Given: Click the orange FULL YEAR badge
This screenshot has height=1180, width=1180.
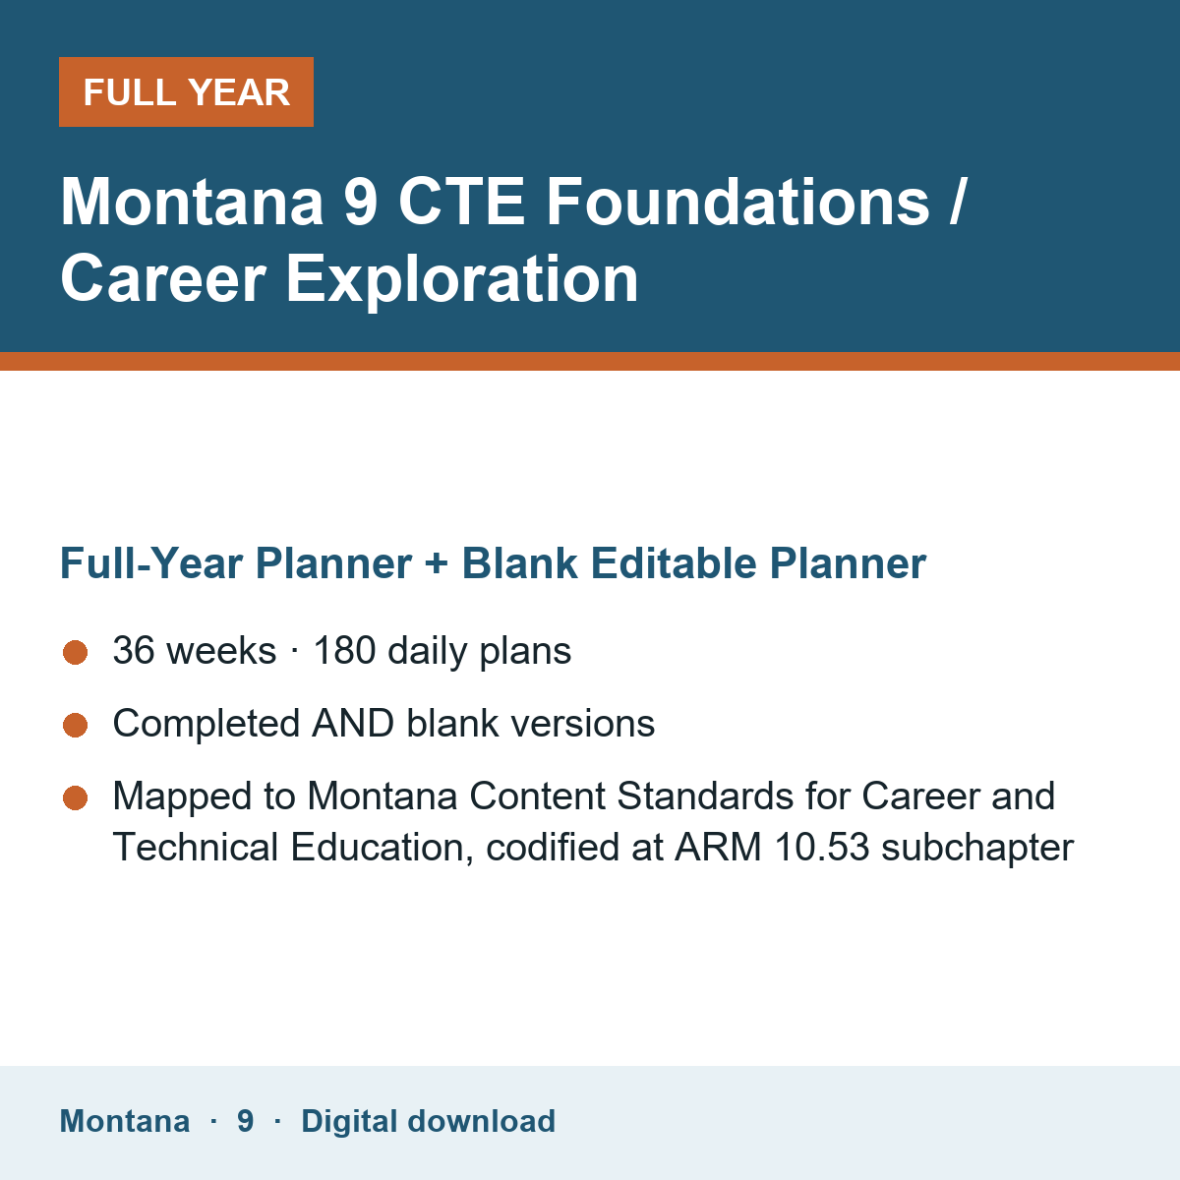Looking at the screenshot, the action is click(x=186, y=91).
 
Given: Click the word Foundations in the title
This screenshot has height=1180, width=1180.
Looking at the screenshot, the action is click(x=737, y=202).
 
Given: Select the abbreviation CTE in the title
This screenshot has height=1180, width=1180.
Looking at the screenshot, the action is click(x=462, y=202).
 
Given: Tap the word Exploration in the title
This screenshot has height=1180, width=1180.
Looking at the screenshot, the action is click(x=462, y=279).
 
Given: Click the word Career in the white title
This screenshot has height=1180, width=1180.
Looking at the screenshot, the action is click(x=163, y=279).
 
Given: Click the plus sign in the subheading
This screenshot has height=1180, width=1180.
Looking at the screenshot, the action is click(x=436, y=564).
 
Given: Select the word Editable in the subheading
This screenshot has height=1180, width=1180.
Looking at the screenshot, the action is click(x=673, y=562).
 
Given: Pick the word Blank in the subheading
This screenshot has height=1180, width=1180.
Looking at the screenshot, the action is click(x=519, y=562).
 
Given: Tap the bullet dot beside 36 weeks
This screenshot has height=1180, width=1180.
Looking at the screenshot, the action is click(x=76, y=652).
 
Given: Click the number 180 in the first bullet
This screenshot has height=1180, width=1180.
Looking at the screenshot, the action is click(x=345, y=650).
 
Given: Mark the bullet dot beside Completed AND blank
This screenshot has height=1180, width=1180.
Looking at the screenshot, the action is click(x=76, y=725).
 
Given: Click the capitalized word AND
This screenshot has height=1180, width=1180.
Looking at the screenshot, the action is click(x=353, y=723).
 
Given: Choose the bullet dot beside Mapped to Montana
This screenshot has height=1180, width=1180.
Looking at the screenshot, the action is click(x=76, y=797).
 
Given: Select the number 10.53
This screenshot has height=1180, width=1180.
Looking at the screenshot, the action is click(x=822, y=848).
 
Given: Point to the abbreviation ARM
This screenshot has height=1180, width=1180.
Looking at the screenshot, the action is click(x=718, y=848).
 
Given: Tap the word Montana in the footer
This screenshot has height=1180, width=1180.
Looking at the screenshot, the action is click(x=125, y=1121).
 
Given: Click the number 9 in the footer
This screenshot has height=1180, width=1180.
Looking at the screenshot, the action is click(x=246, y=1121).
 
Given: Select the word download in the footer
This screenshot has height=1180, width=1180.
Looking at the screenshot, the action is click(x=481, y=1121).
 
